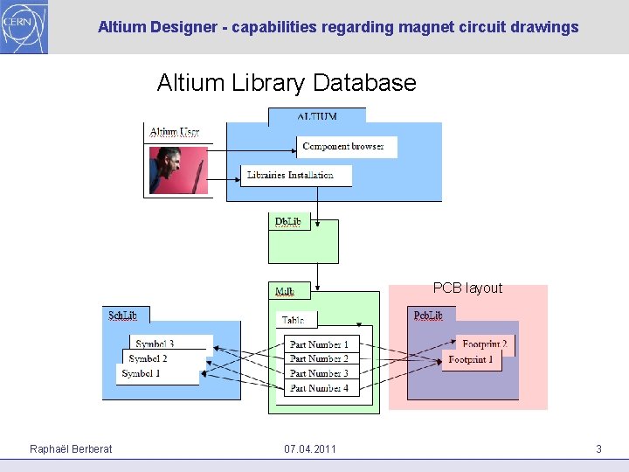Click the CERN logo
tap(24, 26)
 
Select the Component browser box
tap(346, 147)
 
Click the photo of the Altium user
tap(178, 170)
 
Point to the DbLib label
tap(287, 221)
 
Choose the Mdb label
tap(285, 291)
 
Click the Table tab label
tap(293, 321)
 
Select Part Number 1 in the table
tap(319, 345)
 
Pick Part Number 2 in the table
tap(319, 359)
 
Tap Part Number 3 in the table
tap(319, 373)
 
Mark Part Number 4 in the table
tap(319, 387)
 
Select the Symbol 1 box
tap(157, 374)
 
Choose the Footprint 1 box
tap(472, 360)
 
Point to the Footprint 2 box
tap(484, 344)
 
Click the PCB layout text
tap(467, 288)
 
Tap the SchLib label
tap(122, 315)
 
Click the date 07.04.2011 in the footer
tap(309, 449)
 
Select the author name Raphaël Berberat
tap(71, 449)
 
